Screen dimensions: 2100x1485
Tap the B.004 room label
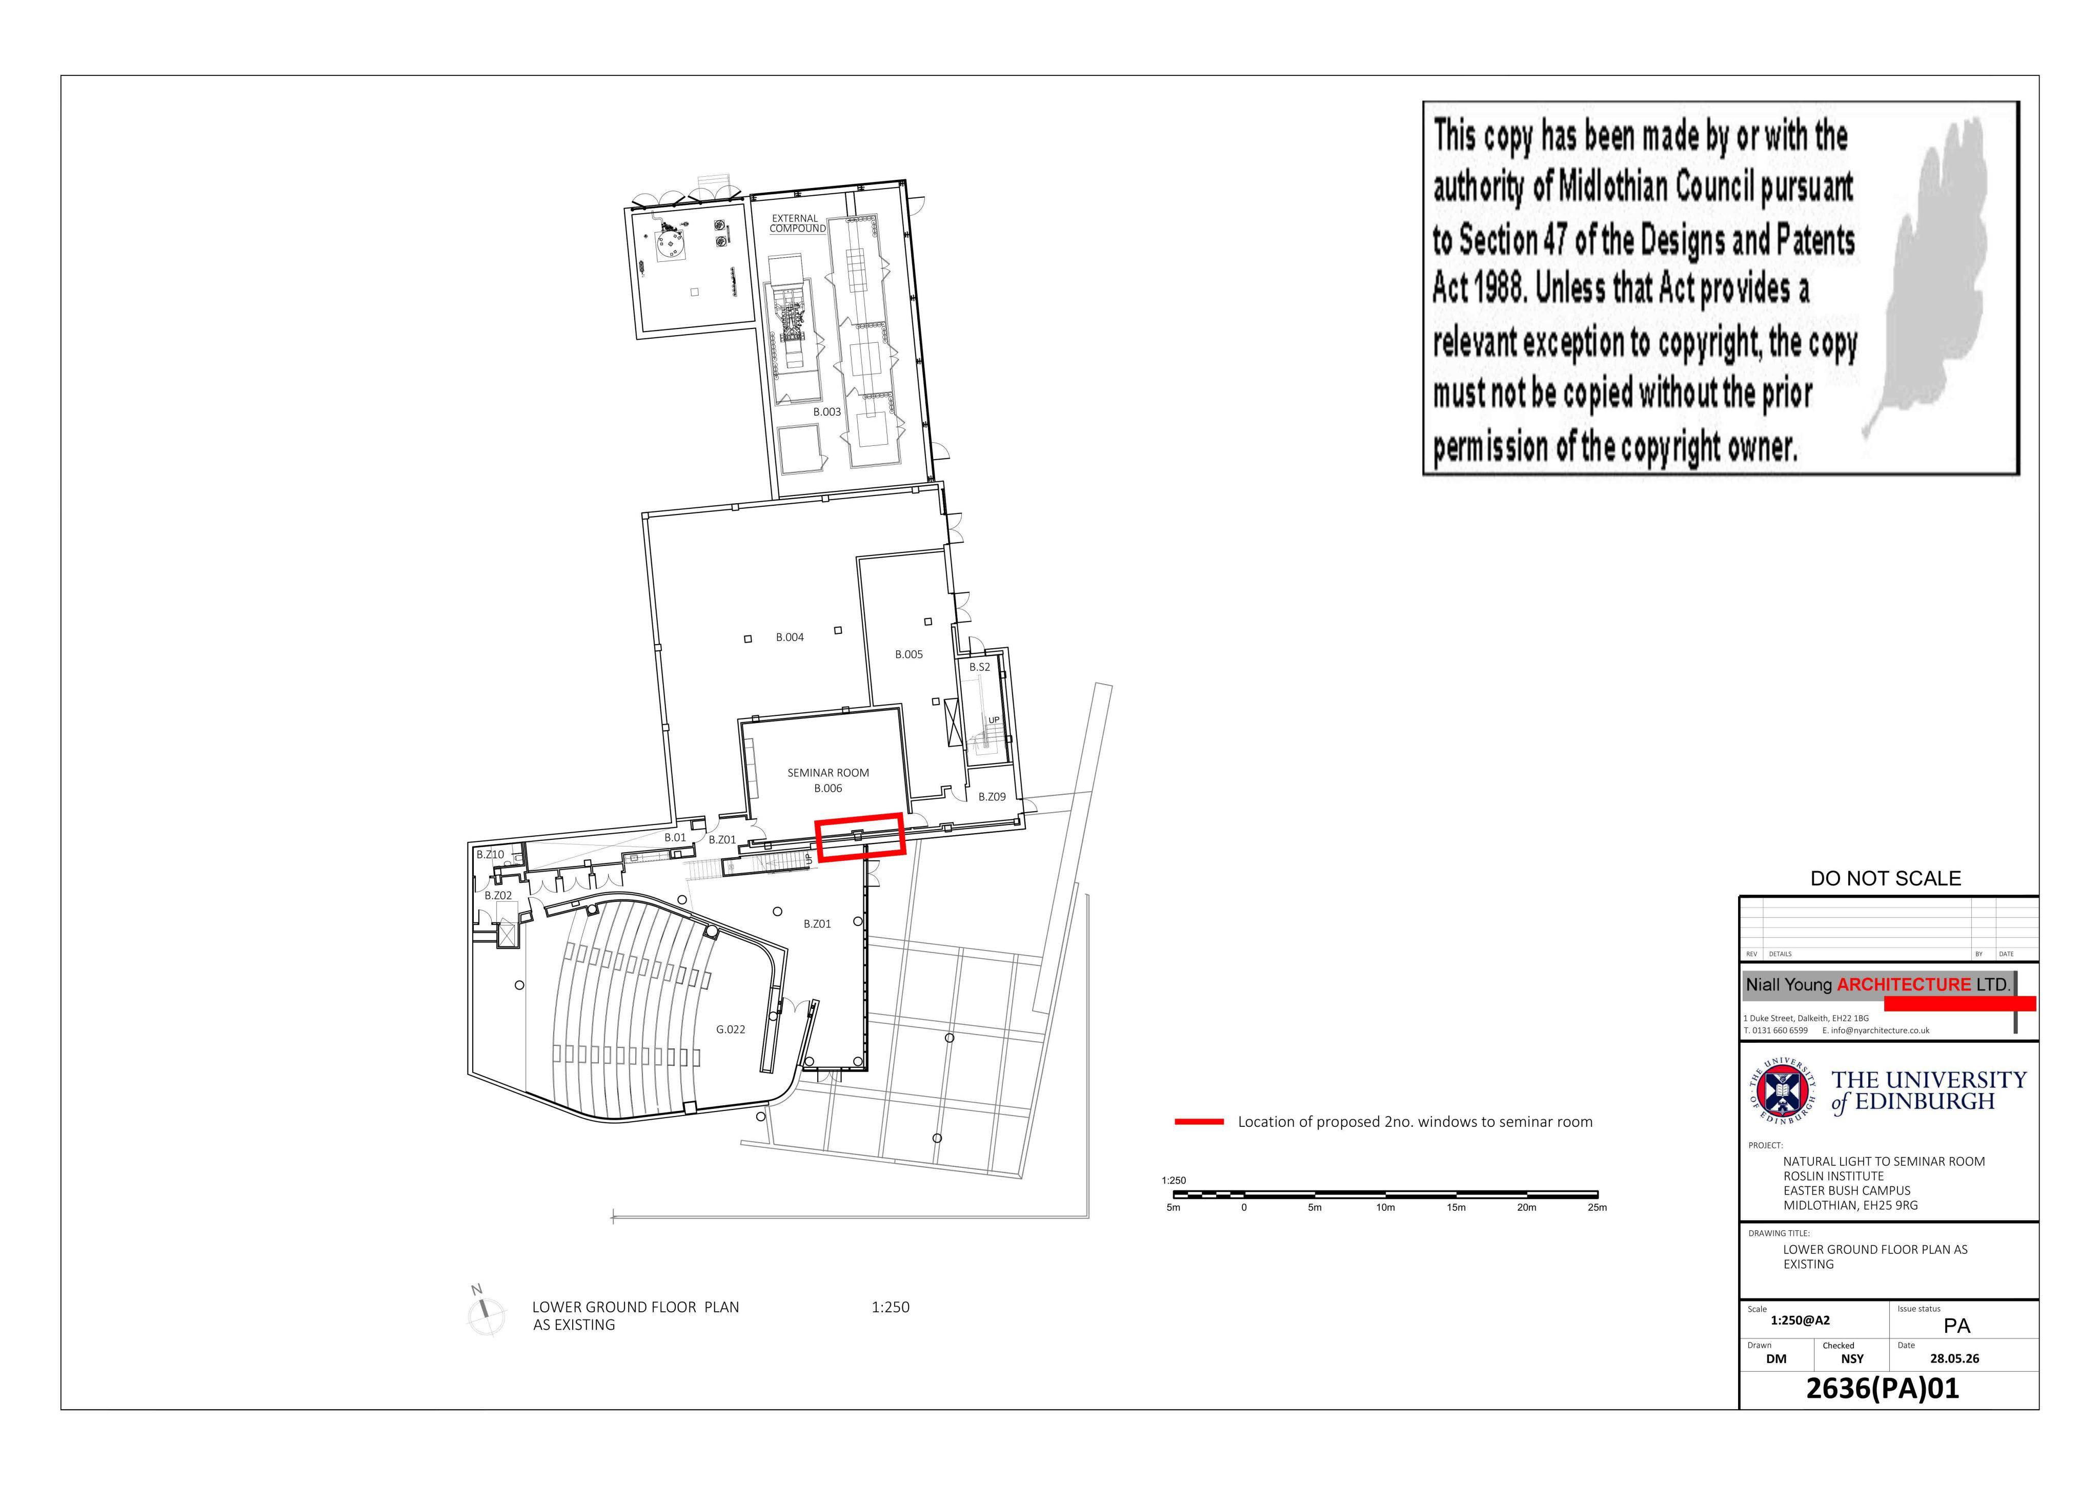click(x=790, y=637)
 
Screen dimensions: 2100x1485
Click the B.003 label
click(x=827, y=412)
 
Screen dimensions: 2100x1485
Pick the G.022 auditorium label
click(x=730, y=1029)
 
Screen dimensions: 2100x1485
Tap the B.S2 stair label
click(x=980, y=668)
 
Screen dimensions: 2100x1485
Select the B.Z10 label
click(x=490, y=854)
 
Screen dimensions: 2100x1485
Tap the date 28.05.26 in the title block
click(x=1954, y=1359)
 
